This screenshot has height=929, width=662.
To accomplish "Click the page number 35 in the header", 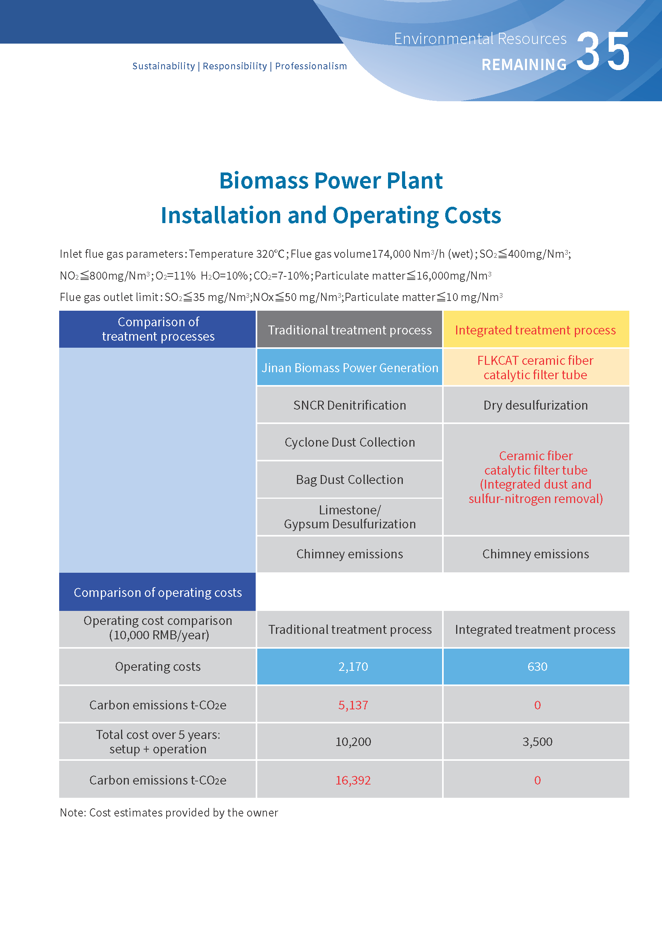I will [603, 52].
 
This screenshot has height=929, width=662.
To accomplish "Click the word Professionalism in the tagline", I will [311, 66].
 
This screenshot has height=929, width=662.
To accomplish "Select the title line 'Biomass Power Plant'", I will [330, 181].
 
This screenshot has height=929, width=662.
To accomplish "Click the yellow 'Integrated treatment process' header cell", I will [535, 329].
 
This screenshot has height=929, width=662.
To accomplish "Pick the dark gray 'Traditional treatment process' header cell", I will [349, 329].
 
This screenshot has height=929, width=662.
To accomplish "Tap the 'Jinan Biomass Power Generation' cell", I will [349, 368].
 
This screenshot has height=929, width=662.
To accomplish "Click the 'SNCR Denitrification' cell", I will [349, 405].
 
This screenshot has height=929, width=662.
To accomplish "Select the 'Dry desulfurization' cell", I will [535, 405].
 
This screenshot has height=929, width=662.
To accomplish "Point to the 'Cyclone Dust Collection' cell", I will [349, 442].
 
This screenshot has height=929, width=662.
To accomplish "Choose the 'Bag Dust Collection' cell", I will [349, 480].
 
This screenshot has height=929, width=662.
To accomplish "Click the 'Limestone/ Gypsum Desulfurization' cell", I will [349, 517].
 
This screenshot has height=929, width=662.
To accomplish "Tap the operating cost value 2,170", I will [353, 666].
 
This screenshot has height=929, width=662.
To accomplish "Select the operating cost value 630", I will [537, 666].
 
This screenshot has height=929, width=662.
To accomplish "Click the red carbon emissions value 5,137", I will [353, 705].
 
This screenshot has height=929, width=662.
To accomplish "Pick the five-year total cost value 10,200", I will [353, 741].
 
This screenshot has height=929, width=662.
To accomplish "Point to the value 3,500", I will [537, 741].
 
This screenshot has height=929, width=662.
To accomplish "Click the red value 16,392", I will [353, 780].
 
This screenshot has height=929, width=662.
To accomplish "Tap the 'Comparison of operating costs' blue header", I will [157, 592].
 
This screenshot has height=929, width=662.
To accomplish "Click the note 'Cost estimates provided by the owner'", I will [169, 812].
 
